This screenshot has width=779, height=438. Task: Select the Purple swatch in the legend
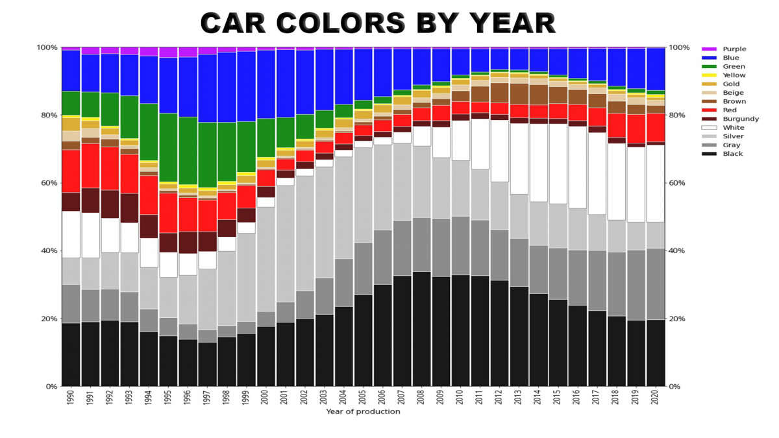click(709, 49)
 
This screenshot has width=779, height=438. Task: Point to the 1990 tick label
click(71, 397)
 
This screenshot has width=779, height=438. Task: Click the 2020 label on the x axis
click(656, 397)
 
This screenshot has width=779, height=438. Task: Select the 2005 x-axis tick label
click(364, 397)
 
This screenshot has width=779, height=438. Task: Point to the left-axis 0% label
click(51, 387)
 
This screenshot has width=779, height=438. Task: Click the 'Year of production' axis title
click(363, 411)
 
